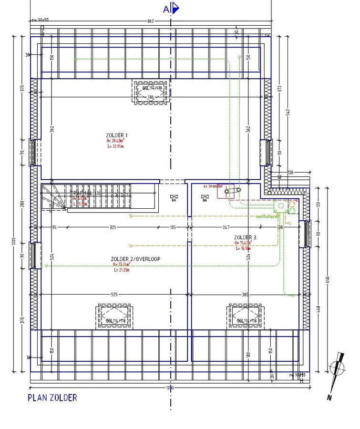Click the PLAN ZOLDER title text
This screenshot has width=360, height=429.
tap(52, 398)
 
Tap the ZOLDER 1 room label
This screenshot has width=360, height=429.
tap(117, 135)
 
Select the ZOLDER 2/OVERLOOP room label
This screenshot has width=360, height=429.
tap(135, 259)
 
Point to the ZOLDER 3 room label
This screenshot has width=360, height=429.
tap(245, 237)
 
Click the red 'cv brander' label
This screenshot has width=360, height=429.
tap(213, 186)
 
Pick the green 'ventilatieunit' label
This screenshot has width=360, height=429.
tap(267, 216)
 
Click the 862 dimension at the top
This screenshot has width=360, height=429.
tap(151, 21)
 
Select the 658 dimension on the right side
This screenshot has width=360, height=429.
tap(328, 279)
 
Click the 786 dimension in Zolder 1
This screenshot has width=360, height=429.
tap(151, 97)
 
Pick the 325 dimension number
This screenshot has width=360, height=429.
tap(113, 228)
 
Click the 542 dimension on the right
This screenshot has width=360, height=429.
tap(288, 111)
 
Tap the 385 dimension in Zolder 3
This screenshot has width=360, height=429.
tap(246, 295)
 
